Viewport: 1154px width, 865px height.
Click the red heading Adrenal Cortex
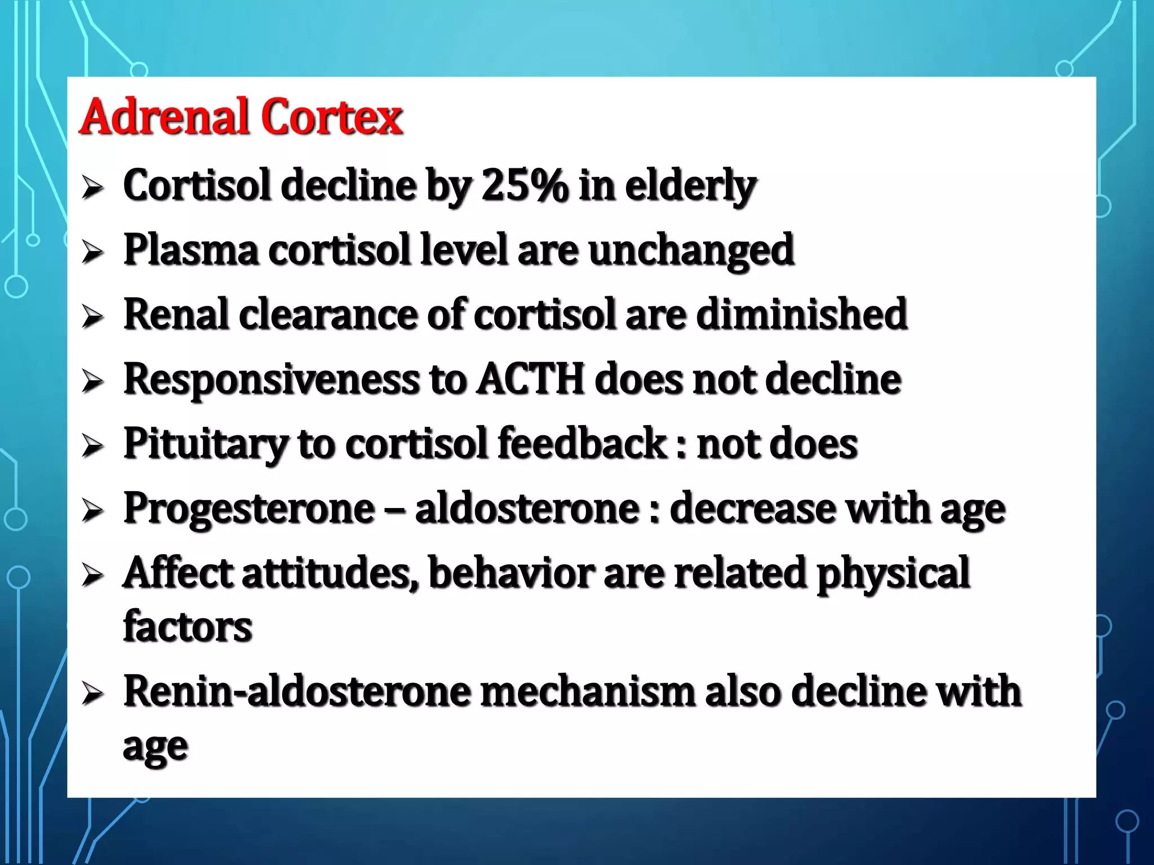pyautogui.click(x=241, y=117)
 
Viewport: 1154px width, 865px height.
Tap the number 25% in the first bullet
pyautogui.click(x=524, y=185)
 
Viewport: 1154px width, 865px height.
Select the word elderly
pyautogui.click(x=690, y=185)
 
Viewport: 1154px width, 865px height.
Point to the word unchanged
pyautogui.click(x=691, y=251)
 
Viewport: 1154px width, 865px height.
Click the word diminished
pyautogui.click(x=801, y=314)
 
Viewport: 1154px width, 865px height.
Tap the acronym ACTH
pyautogui.click(x=530, y=379)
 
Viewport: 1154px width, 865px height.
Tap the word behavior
pyautogui.click(x=511, y=573)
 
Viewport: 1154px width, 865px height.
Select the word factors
pyautogui.click(x=188, y=626)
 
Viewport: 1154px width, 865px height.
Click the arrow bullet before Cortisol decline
pyautogui.click(x=92, y=188)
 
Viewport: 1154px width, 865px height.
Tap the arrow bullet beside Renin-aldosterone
pyautogui.click(x=92, y=693)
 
